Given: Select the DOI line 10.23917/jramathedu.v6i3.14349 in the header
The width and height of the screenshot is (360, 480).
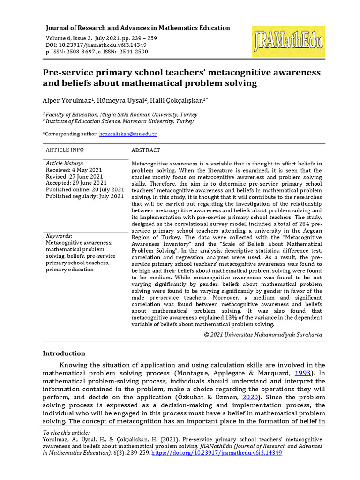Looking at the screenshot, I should click(96, 45).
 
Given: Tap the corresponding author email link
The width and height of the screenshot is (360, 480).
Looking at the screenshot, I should click(128, 134).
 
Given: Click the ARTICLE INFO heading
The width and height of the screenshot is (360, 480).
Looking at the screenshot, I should click(65, 150).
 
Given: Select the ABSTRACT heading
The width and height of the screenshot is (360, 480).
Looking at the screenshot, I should click(146, 150).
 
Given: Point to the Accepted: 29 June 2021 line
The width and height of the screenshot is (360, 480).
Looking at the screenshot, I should click(76, 183).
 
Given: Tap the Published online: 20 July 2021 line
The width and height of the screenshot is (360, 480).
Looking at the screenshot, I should click(85, 189).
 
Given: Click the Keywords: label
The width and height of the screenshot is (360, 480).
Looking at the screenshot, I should click(59, 236).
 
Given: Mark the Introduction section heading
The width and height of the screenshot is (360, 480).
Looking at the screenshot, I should click(64, 353).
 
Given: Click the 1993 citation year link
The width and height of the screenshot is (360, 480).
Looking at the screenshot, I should click(302, 373).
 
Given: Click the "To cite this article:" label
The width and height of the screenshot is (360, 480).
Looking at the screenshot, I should click(66, 432).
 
